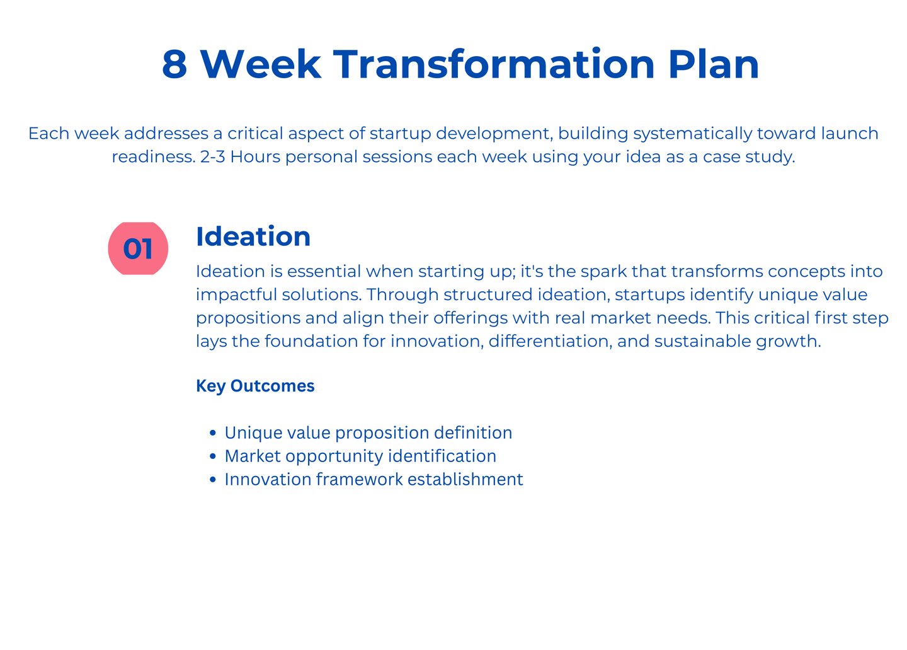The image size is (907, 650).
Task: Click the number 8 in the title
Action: click(174, 64)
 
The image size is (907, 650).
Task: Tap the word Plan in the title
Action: click(714, 64)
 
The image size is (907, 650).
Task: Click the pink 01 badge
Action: click(138, 248)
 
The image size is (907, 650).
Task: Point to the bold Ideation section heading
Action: click(253, 236)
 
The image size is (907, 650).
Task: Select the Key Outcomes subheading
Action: click(255, 386)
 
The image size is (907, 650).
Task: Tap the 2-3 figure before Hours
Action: click(213, 157)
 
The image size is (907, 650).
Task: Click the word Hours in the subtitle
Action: click(255, 157)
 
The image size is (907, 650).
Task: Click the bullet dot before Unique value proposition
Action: click(213, 432)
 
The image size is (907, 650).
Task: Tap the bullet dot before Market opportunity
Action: click(213, 456)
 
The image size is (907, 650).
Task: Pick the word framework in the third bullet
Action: click(360, 479)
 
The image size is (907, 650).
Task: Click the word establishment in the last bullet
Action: click(465, 479)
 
